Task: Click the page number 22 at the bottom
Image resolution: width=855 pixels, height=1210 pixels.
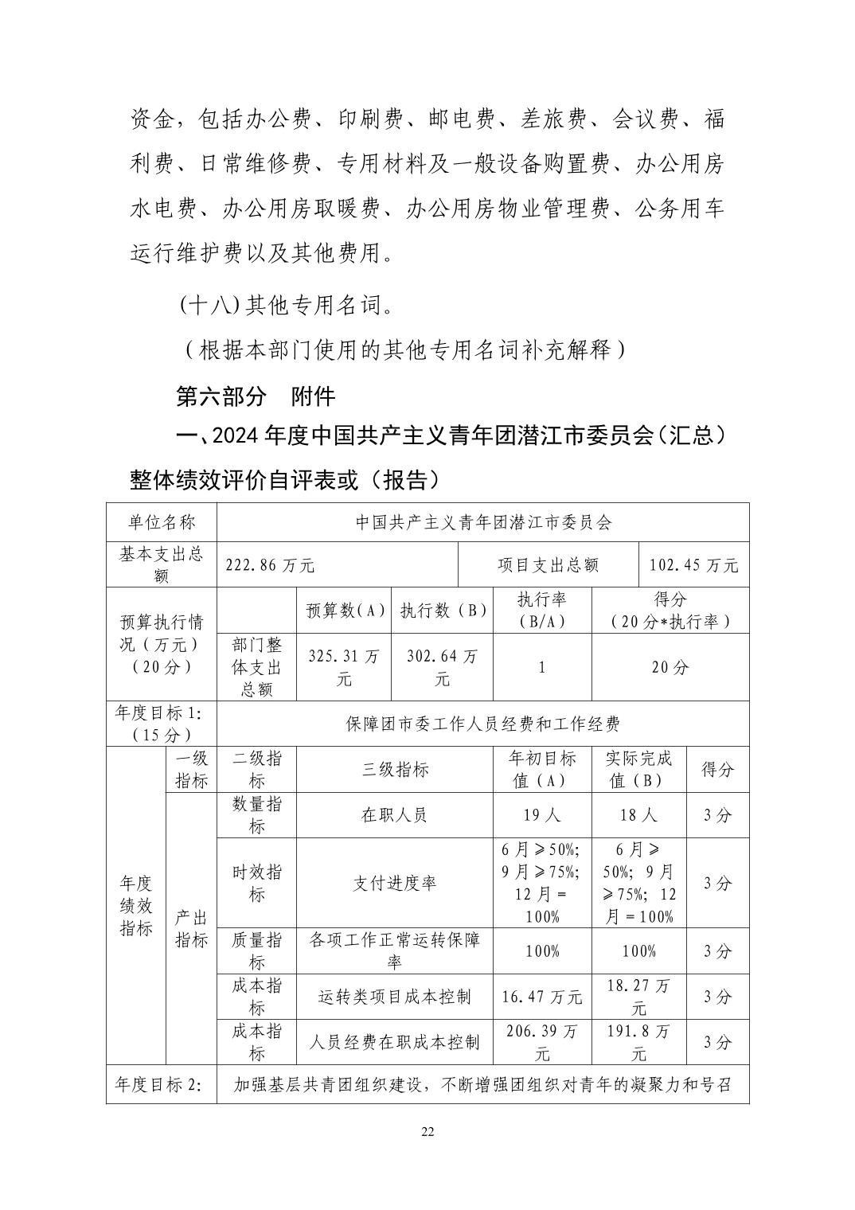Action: pyautogui.click(x=427, y=1133)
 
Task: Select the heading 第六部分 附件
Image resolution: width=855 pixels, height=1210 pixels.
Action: pyautogui.click(x=255, y=396)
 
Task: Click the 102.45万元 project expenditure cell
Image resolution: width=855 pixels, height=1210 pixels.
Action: pyautogui.click(x=693, y=566)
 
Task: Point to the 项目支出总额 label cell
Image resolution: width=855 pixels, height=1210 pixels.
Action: pyautogui.click(x=548, y=566)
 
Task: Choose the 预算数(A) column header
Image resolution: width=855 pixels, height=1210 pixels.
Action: pyautogui.click(x=344, y=611)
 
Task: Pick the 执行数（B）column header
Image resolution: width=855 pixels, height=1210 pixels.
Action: pyautogui.click(x=443, y=611)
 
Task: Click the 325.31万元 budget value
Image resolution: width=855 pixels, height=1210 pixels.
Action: pyautogui.click(x=344, y=667)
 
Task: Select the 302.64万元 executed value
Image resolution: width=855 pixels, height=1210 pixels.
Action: pyautogui.click(x=443, y=667)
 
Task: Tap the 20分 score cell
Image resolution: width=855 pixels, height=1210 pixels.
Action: pyautogui.click(x=670, y=667)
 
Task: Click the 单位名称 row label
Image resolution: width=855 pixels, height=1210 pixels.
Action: pyautogui.click(x=162, y=522)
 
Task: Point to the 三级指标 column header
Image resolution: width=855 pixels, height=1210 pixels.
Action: pyautogui.click(x=395, y=769)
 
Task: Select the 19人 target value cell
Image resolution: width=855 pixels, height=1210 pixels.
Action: pyautogui.click(x=542, y=815)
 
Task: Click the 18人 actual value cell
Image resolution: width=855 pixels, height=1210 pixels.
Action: pyautogui.click(x=638, y=815)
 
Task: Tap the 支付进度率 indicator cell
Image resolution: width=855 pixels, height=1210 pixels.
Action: pyautogui.click(x=395, y=884)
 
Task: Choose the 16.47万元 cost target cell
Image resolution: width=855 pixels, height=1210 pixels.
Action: pyautogui.click(x=542, y=997)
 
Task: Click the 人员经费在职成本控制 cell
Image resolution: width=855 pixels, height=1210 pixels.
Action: pyautogui.click(x=395, y=1042)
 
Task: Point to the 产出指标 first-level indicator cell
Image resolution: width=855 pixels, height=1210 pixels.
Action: pyautogui.click(x=191, y=928)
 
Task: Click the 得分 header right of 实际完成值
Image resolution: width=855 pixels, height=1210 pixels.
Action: pyautogui.click(x=717, y=769)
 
